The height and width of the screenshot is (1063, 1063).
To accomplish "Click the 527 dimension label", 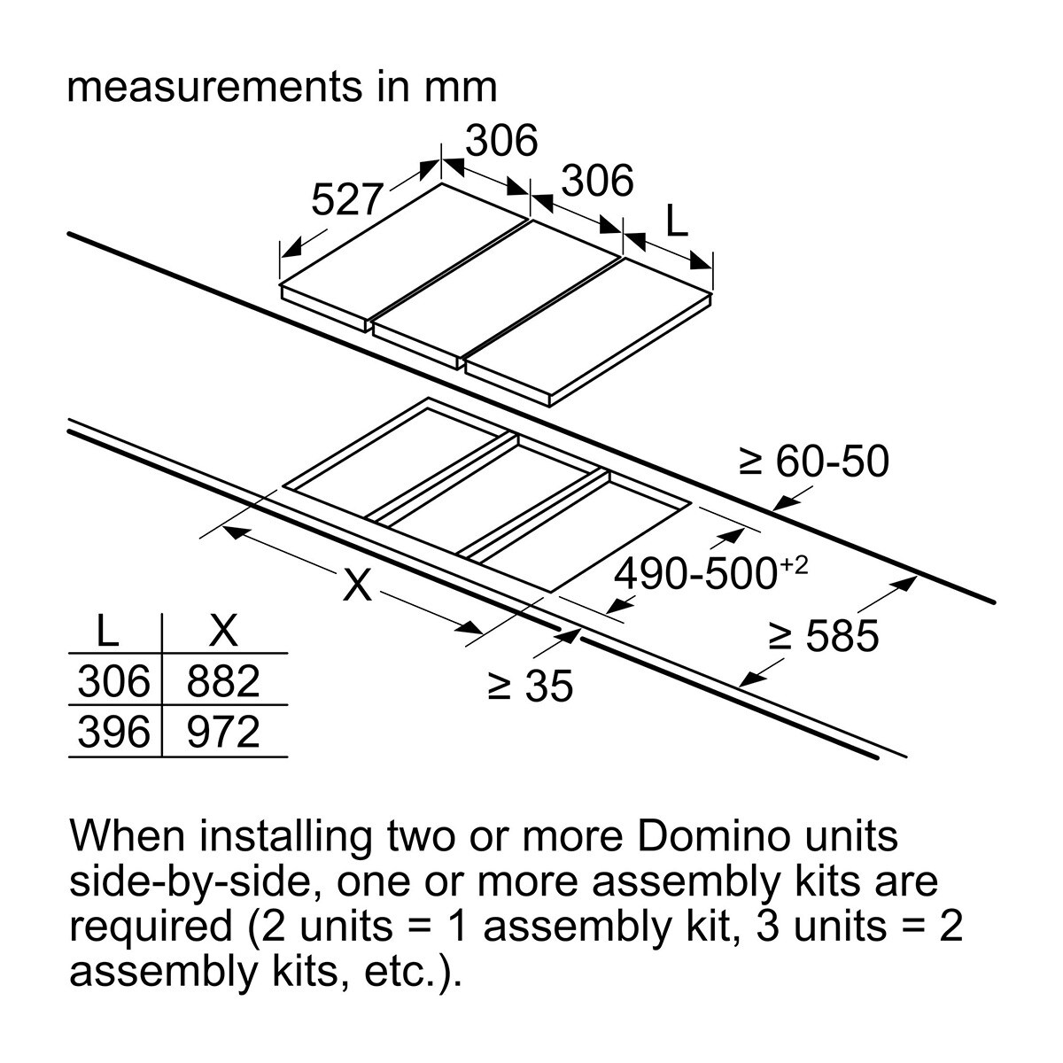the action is click(x=347, y=199).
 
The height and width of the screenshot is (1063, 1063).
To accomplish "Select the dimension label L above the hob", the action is click(x=677, y=221).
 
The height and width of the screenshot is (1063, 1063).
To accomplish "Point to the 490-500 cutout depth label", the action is click(x=696, y=574).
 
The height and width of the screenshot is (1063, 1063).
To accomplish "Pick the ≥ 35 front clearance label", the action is click(x=530, y=686).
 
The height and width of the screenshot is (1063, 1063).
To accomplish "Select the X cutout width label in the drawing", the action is click(x=357, y=585).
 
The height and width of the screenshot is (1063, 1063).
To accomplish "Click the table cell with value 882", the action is click(x=223, y=680).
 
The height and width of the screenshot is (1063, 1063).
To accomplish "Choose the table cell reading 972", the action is click(x=223, y=732).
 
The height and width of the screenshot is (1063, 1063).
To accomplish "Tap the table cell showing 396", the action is click(x=113, y=732).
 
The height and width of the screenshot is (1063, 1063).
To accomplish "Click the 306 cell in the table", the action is click(x=113, y=680).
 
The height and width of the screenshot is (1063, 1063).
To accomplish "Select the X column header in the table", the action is click(x=223, y=630).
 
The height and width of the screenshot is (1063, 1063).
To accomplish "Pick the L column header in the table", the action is click(x=107, y=630).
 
